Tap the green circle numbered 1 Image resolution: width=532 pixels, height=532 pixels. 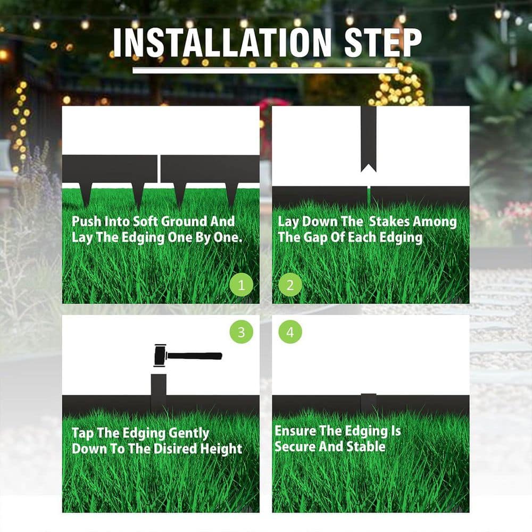coord(242,285)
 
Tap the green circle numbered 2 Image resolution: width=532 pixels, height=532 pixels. coord(290,285)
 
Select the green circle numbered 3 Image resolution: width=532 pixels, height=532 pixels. coord(242,332)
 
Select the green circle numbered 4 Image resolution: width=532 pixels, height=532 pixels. coord(290,332)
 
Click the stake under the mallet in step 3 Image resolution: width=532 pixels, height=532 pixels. coord(159,391)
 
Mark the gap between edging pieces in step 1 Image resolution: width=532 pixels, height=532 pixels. coord(159,169)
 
